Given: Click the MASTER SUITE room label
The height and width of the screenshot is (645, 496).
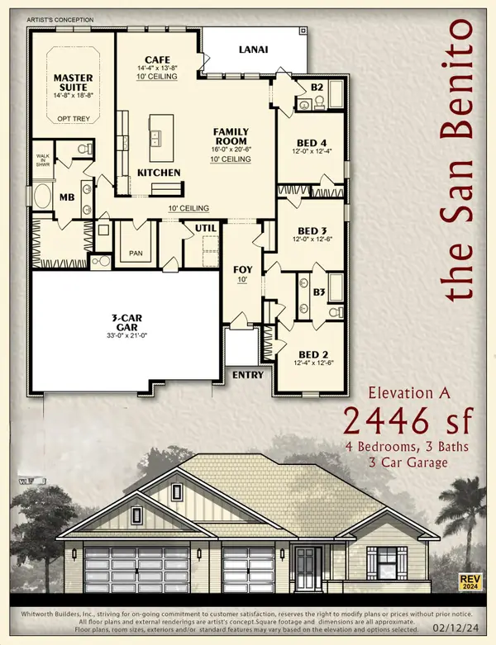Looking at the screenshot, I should tap(73, 83).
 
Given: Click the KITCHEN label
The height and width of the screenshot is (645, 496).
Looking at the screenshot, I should tap(158, 173).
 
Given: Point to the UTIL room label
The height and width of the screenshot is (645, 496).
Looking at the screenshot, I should tap(205, 227).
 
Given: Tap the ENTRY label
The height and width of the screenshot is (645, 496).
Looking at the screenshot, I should tap(248, 375).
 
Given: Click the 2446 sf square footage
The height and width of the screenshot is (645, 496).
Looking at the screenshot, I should tap(407, 422).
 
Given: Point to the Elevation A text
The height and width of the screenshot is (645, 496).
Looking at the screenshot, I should tap(407, 394).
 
